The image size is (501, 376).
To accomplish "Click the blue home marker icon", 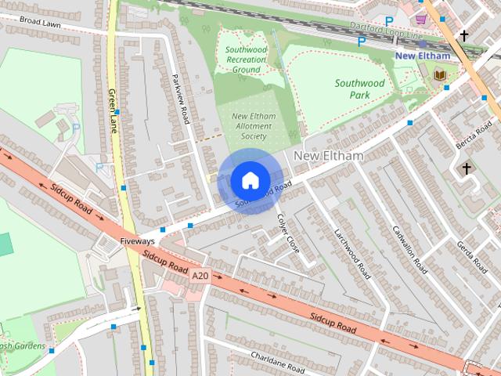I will [x=249, y=181].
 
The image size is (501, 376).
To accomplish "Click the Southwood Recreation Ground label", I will [x=246, y=59].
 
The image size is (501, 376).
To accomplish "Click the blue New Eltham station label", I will [x=422, y=56].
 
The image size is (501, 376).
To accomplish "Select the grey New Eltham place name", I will [x=329, y=156].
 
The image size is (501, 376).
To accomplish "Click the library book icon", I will [x=438, y=74].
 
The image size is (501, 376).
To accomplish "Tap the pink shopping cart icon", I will [x=421, y=19].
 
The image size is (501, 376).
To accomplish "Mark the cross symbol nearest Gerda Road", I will [x=467, y=168].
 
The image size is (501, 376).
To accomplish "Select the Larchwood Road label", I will [x=351, y=255].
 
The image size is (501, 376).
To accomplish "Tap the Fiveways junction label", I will [x=137, y=241].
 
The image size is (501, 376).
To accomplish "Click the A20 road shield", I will [x=200, y=275].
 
